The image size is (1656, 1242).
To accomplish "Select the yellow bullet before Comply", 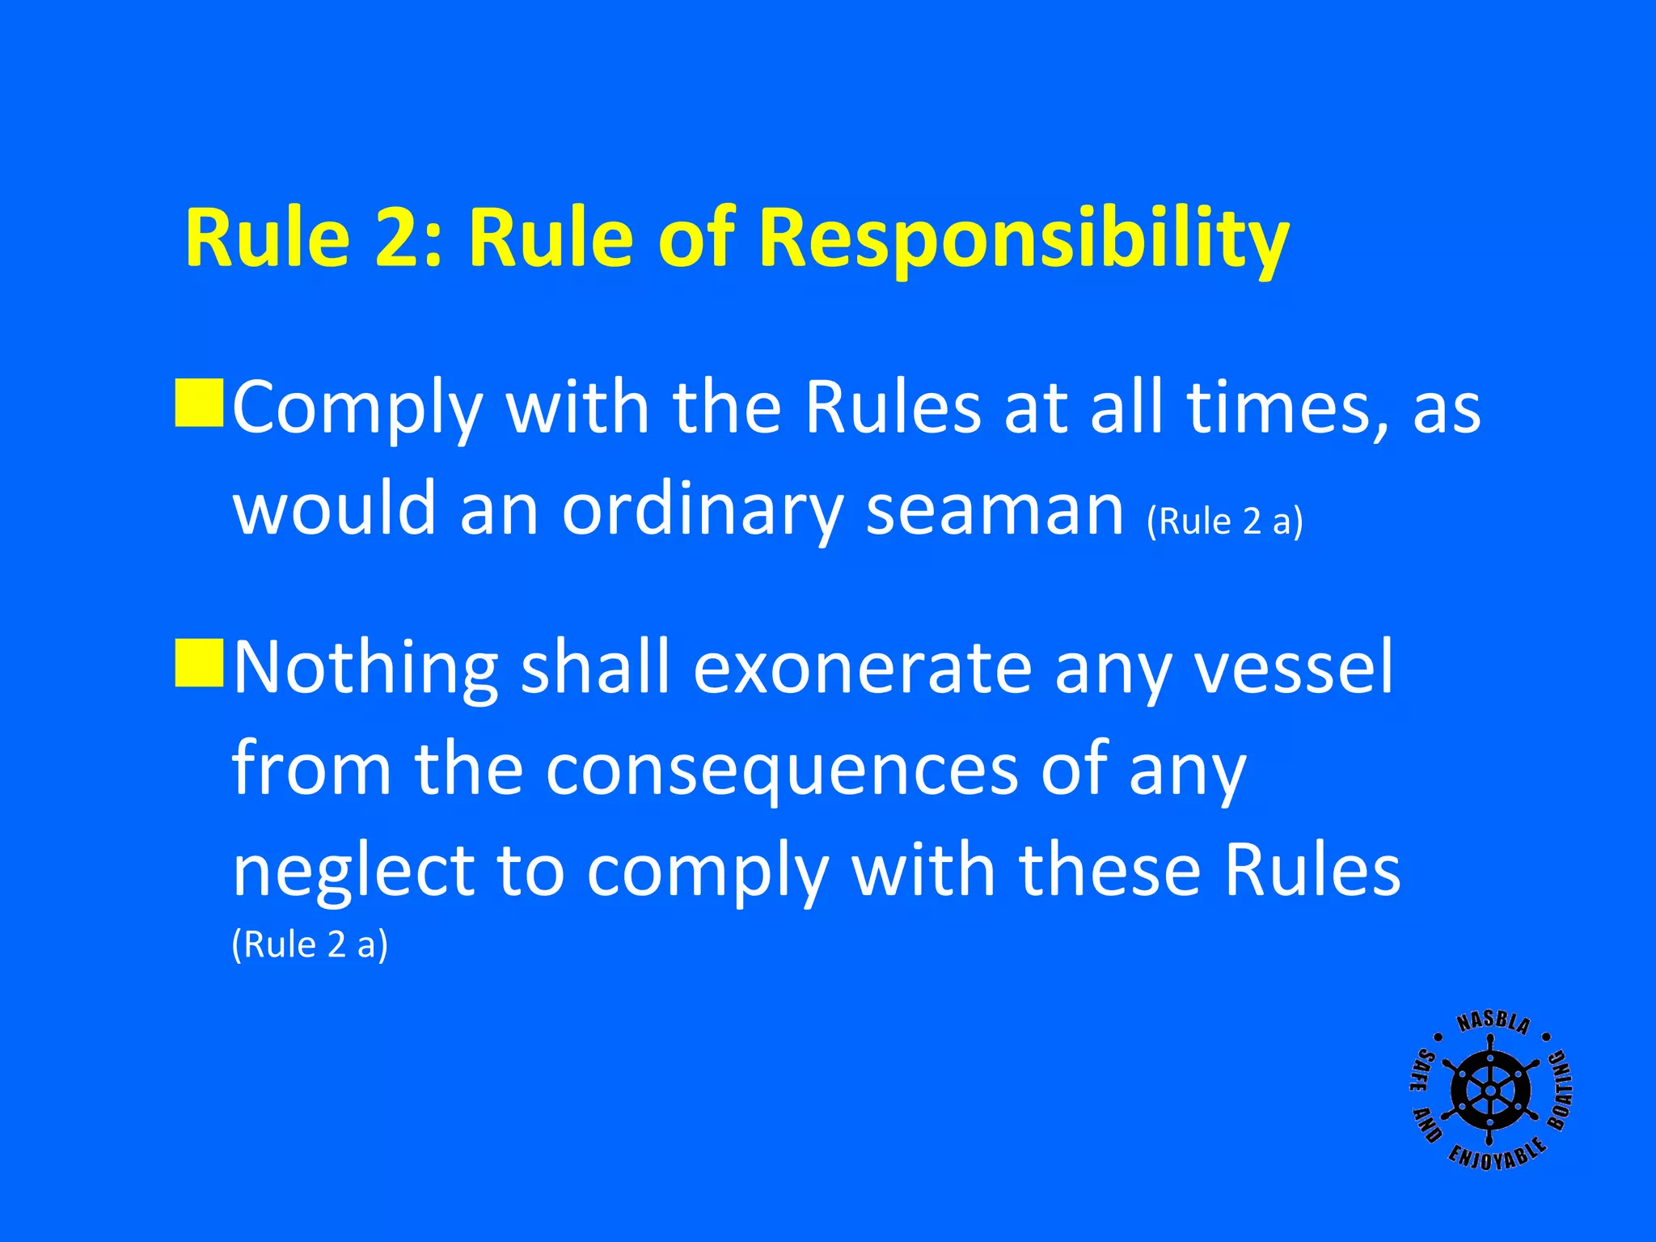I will (x=199, y=402).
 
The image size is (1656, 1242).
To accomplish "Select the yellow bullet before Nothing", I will (x=199, y=663).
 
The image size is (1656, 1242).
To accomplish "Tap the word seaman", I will (x=995, y=511).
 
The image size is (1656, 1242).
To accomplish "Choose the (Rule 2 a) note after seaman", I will (x=1224, y=522).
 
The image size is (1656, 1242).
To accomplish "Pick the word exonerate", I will (x=862, y=670).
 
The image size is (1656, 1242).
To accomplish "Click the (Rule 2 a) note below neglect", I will (x=310, y=944).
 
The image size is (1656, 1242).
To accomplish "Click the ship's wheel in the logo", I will (x=1489, y=1091).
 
